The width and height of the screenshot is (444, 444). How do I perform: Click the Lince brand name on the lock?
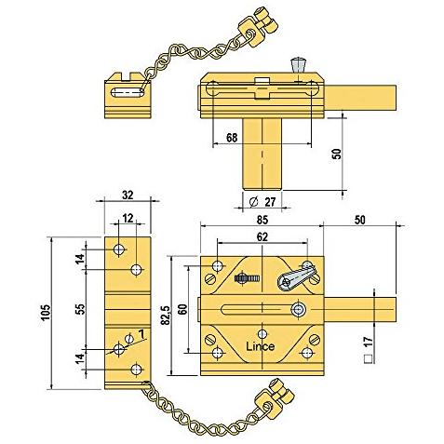click(260, 346)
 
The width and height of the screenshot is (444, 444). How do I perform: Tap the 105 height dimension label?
click(46, 313)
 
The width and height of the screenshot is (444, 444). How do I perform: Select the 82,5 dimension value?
click(166, 316)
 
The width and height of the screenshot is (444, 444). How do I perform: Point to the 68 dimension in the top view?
click(232, 138)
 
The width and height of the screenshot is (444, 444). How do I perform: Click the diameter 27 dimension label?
click(262, 202)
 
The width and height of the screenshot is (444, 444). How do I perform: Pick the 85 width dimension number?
click(262, 220)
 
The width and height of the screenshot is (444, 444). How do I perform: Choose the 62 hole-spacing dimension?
click(262, 236)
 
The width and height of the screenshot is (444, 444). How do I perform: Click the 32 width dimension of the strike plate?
click(128, 195)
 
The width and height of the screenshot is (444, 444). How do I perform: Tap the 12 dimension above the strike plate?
click(128, 219)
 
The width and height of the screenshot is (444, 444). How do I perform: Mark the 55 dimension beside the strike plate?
click(80, 309)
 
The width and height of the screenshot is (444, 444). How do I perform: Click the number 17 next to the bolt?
click(369, 342)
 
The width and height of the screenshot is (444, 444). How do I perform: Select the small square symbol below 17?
click(369, 359)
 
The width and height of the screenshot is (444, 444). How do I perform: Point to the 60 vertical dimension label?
click(182, 309)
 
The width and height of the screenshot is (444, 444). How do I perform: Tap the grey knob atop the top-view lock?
click(297, 65)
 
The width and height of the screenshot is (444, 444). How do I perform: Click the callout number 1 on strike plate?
click(141, 334)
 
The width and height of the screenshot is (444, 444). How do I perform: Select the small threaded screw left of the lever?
click(247, 278)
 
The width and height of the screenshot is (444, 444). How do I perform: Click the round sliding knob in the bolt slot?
click(298, 309)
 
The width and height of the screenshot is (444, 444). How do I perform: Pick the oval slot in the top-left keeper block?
click(128, 92)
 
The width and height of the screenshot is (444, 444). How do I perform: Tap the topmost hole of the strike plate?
click(119, 249)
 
